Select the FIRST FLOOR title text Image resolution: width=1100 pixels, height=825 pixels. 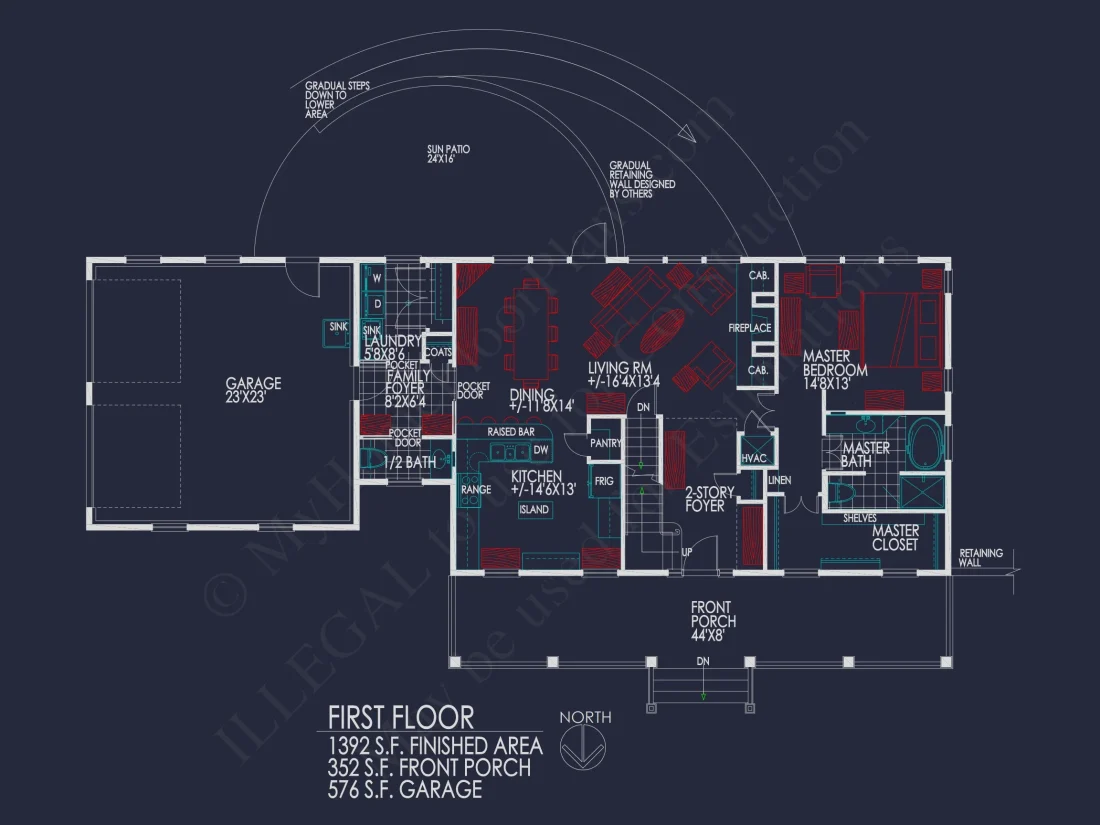[401, 717]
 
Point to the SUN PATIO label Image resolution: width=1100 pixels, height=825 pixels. [448, 153]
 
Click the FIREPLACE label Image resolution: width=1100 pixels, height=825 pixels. [749, 328]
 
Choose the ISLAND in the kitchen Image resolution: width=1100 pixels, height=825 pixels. [534, 510]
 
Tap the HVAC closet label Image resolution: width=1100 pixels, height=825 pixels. [752, 458]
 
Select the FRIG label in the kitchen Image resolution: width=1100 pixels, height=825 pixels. [605, 481]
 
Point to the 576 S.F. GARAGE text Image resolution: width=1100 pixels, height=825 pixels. [405, 790]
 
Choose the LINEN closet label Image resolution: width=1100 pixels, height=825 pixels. [779, 481]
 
